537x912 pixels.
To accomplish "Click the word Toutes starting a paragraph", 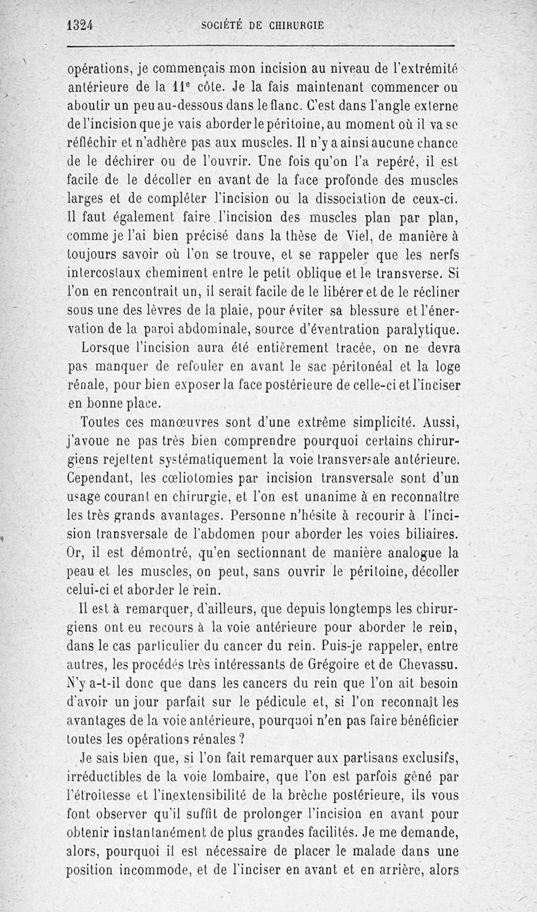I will [x=104, y=423].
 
